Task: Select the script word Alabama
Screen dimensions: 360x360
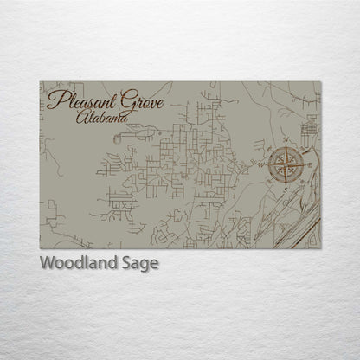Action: pyautogui.click(x=101, y=116)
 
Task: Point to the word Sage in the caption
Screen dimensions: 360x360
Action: pyautogui.click(x=138, y=264)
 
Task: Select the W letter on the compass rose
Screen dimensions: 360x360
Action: pyautogui.click(x=257, y=162)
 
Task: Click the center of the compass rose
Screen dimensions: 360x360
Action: pyautogui.click(x=285, y=163)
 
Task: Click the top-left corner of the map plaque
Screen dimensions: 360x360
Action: pyautogui.click(x=40, y=81)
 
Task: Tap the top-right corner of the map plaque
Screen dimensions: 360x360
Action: pyautogui.click(x=320, y=81)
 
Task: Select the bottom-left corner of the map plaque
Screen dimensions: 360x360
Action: pyautogui.click(x=40, y=248)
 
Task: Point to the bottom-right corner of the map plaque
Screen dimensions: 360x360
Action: pyautogui.click(x=320, y=248)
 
